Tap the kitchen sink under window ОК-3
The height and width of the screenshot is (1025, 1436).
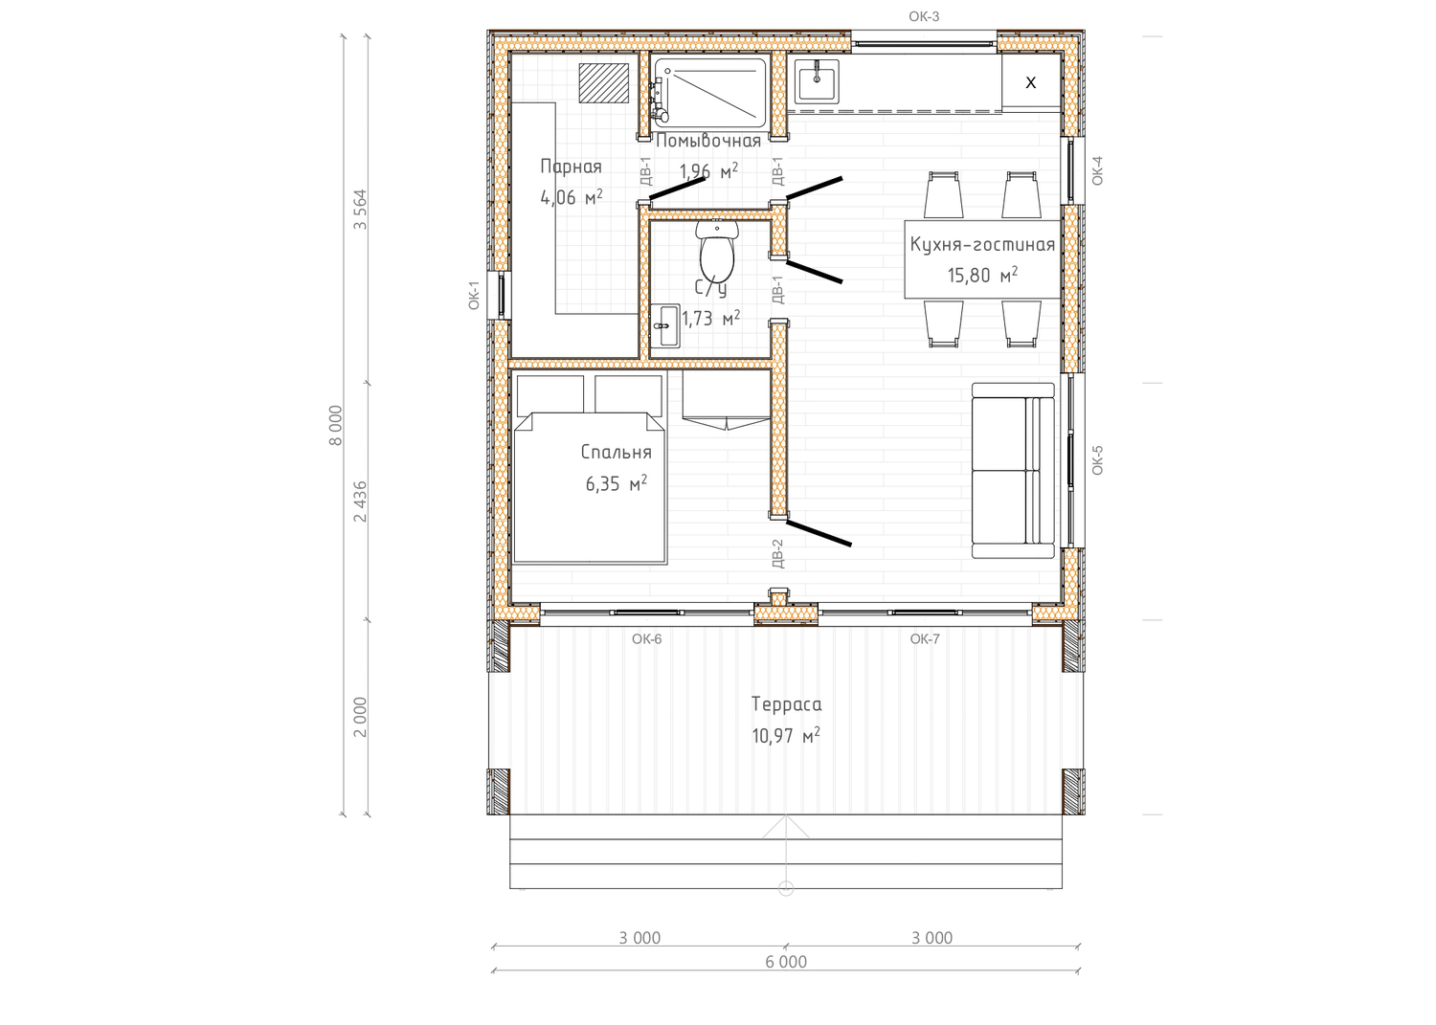coord(817,80)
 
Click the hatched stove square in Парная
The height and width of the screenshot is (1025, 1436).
coord(604,83)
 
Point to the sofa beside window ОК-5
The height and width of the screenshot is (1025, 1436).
coord(1013,471)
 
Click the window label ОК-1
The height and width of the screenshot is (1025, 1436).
coord(474,296)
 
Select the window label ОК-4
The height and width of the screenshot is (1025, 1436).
coord(1097,171)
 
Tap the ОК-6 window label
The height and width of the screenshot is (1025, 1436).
coord(647,639)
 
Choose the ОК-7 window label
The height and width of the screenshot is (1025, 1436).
coord(925,639)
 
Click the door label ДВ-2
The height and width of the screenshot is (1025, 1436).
coord(777,554)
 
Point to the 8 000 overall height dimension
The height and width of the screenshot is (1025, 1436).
coord(335,426)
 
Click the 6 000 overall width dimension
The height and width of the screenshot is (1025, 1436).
coord(786,962)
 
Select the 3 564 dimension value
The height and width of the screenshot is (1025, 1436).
coord(360,210)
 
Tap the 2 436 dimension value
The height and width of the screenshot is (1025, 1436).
coord(360,501)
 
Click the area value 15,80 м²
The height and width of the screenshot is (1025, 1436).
coord(983,275)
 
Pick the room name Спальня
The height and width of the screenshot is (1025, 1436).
coord(617,453)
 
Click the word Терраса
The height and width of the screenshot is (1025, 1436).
coord(786,704)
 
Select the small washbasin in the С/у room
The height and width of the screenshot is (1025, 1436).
coord(665,325)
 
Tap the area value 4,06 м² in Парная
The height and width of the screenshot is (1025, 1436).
coord(572,197)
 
